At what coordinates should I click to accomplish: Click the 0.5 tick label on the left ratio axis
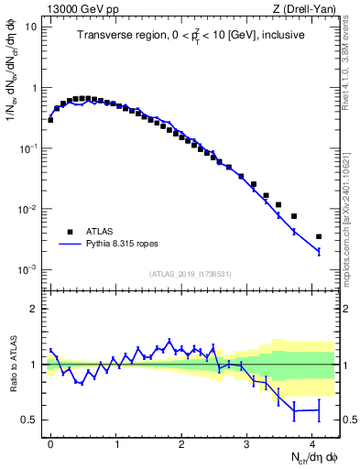[x=30, y=420]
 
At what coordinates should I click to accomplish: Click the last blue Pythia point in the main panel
[x=319, y=251]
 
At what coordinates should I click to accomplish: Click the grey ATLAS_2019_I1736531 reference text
[x=190, y=274]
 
